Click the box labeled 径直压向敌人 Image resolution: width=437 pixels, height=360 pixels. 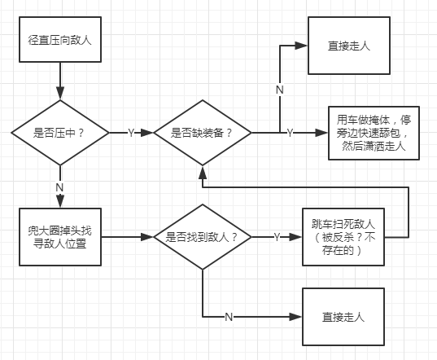point(60,39)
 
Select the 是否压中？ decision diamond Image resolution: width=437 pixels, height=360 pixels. point(60,133)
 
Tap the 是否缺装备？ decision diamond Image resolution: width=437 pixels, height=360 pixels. point(203,133)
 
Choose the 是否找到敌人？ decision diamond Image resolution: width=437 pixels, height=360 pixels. point(203,237)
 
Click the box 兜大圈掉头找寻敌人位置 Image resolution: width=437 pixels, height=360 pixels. point(60,237)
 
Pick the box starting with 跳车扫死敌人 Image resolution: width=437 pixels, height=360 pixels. point(343,237)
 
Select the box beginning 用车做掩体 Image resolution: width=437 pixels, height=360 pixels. point(374,133)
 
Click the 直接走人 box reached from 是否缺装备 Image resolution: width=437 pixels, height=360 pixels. point(348,46)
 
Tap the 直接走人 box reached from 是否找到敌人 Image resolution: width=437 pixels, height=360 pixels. point(343,317)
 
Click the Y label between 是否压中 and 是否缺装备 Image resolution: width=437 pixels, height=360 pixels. point(131,133)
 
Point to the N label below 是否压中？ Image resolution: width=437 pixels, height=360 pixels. point(59,187)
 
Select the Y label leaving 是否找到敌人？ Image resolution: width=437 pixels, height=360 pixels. point(277,237)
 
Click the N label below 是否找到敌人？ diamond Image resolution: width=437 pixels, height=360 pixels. point(229,317)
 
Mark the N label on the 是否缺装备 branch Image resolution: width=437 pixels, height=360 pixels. point(280,90)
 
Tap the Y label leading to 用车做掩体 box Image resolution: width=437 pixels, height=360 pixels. point(290,133)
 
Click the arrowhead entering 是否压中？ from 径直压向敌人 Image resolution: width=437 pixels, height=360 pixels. point(60,94)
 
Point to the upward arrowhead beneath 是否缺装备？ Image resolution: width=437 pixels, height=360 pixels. point(203,173)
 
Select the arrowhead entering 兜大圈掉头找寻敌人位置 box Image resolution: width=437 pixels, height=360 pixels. point(60,201)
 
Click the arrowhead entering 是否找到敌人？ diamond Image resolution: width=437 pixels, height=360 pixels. point(147,237)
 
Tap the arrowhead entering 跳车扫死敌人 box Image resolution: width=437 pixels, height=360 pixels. point(296,237)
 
